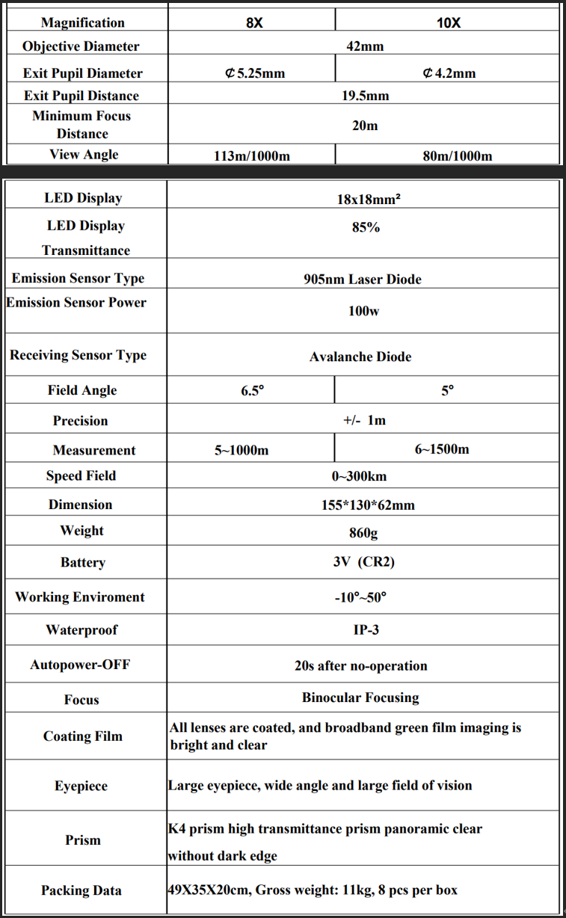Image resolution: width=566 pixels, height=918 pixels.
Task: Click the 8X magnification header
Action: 254,22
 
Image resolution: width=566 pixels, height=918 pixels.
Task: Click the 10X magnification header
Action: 449,22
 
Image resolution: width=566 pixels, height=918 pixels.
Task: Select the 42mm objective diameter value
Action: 365,46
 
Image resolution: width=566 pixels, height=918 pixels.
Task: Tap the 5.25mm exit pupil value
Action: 255,73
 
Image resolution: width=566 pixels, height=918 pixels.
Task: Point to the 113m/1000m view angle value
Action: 251,155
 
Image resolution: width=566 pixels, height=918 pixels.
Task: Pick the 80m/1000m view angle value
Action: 457,155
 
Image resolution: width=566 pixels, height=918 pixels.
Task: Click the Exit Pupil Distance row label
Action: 81,96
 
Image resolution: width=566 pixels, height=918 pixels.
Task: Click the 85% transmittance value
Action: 366,227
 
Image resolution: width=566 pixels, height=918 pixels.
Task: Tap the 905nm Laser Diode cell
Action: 363,280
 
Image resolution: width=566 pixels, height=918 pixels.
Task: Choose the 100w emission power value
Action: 363,310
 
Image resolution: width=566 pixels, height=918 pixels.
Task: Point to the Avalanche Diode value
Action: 360,357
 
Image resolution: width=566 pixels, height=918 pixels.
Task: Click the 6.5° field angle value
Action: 253,391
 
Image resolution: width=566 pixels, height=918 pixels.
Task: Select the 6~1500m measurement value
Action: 442,449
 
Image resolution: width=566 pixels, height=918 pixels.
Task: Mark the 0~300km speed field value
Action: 360,476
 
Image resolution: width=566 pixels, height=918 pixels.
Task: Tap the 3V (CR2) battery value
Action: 363,561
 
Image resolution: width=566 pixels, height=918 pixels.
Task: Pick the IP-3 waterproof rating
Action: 366,630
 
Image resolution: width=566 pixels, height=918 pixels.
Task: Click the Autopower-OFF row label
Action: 80,665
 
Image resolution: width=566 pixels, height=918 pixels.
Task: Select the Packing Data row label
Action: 81,890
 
